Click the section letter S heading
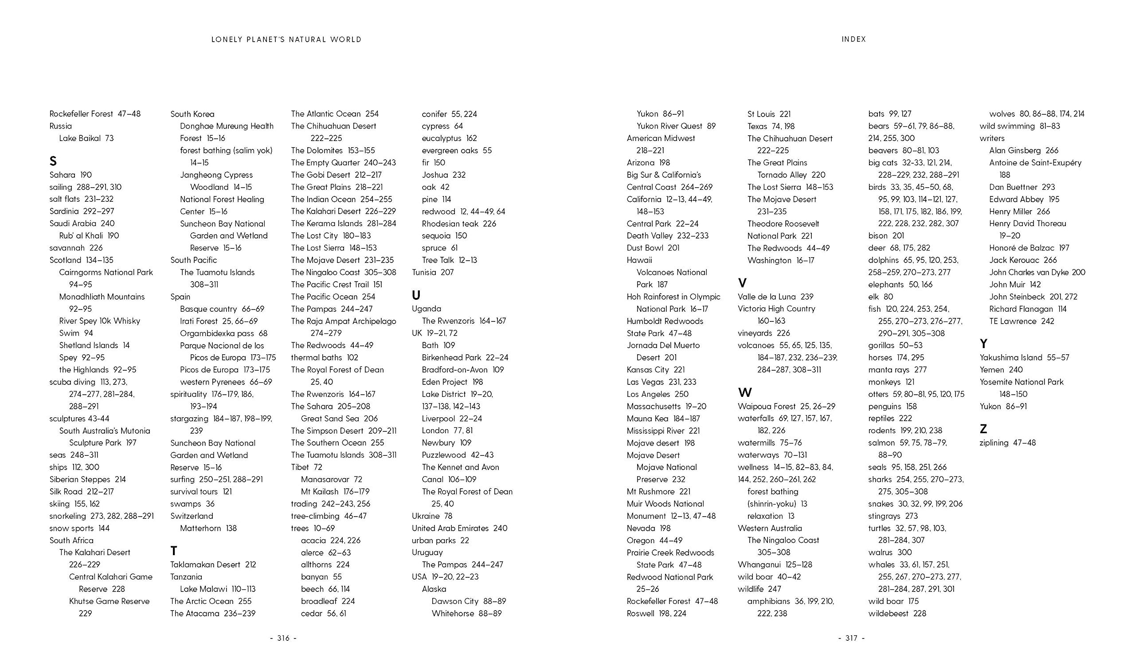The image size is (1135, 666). [53, 161]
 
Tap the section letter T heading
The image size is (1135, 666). [174, 551]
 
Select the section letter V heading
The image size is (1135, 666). [742, 283]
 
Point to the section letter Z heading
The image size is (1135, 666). [983, 429]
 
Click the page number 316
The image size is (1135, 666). [283, 638]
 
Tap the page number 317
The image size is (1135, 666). [851, 638]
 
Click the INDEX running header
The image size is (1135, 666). [854, 39]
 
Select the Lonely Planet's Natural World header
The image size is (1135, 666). [286, 39]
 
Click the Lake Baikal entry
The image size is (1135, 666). [86, 138]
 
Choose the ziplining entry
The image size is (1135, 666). [1008, 443]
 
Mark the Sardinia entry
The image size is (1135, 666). [82, 211]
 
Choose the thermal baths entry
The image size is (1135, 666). [324, 357]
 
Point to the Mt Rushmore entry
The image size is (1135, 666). [658, 491]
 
